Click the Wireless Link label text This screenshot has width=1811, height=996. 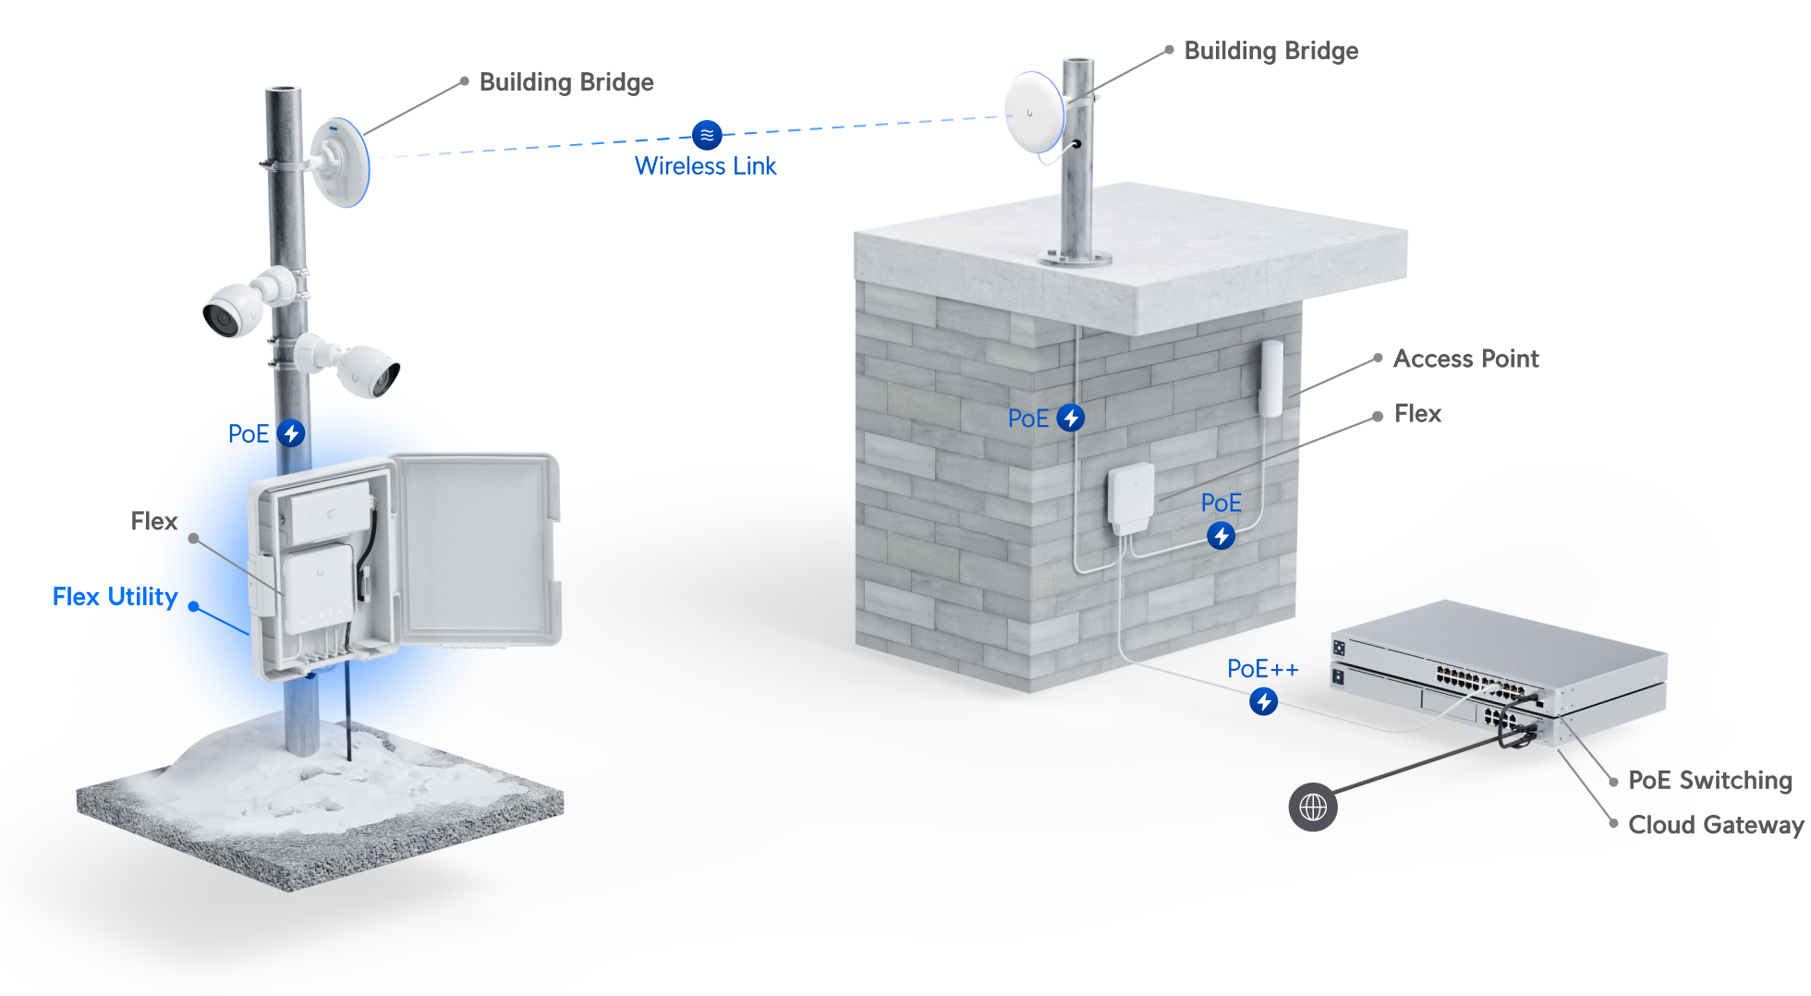click(x=705, y=166)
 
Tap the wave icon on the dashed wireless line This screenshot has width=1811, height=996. click(x=707, y=135)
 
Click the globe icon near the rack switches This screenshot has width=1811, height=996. click(x=1313, y=807)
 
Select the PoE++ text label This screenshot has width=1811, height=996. click(x=1262, y=669)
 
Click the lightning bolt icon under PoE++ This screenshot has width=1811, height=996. click(x=1264, y=702)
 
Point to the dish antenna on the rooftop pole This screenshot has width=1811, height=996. click(x=1034, y=112)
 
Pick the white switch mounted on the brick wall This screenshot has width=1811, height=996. click(x=1131, y=497)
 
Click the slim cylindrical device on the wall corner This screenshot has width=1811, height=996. click(x=1271, y=378)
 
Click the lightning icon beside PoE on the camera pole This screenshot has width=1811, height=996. click(x=291, y=433)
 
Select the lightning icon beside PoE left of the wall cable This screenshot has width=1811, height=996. click(x=1071, y=418)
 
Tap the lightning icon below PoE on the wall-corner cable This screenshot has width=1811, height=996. click(x=1222, y=536)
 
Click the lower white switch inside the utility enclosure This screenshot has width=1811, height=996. click(x=318, y=589)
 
